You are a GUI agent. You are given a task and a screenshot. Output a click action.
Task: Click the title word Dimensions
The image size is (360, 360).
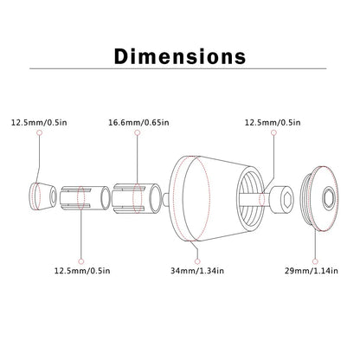click(180, 56)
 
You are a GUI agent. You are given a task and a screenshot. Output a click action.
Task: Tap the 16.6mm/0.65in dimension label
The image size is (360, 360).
click(138, 123)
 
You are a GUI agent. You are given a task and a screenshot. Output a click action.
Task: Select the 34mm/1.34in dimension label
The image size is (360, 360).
click(197, 271)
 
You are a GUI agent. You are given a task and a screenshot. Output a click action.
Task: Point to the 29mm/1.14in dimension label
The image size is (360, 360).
click(312, 271)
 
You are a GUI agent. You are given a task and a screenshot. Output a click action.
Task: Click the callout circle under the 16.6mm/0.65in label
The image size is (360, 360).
click(138, 132)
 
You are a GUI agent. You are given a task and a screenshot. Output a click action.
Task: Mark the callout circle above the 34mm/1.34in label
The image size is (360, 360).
click(197, 261)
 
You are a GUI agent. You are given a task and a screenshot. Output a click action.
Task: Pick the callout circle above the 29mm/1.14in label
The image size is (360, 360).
click(315, 261)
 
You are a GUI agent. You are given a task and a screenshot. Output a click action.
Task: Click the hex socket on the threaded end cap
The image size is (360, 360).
click(329, 198)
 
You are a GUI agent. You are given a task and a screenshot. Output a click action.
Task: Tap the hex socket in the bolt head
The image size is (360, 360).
click(287, 199)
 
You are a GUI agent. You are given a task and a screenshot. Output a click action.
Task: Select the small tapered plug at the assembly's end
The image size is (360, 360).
click(42, 196)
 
